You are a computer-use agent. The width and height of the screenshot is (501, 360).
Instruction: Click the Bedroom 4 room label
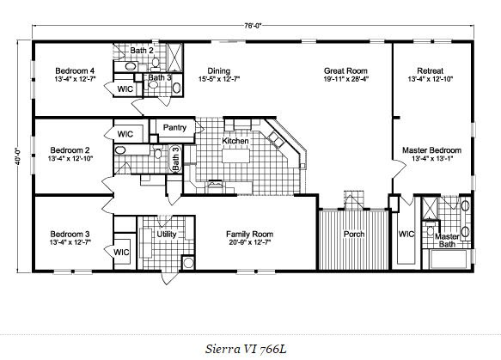click(75, 70)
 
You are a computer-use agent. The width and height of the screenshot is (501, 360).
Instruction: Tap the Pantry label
click(174, 127)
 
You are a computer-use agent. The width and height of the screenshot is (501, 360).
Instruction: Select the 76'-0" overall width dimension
click(253, 26)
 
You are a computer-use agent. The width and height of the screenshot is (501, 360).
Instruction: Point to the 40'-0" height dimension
click(18, 156)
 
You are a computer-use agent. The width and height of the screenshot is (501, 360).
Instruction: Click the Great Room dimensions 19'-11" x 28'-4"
click(345, 79)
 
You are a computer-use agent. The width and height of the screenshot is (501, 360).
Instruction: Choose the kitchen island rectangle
click(236, 156)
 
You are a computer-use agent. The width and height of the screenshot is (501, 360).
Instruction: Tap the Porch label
click(354, 235)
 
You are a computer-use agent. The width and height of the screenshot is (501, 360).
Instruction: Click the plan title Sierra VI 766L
click(246, 349)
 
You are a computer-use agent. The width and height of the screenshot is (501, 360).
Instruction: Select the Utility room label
click(167, 235)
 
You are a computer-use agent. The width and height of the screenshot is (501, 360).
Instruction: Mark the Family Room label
click(249, 235)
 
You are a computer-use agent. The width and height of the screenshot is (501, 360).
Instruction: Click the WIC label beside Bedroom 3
click(121, 253)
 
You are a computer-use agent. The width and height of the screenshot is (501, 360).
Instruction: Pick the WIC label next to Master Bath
click(406, 235)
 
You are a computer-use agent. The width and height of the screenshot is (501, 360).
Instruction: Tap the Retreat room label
click(430, 70)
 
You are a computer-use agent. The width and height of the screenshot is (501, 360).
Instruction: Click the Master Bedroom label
click(431, 150)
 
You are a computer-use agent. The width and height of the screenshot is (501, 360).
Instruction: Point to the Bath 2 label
click(142, 51)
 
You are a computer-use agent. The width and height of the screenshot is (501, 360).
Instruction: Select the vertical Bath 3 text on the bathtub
click(176, 158)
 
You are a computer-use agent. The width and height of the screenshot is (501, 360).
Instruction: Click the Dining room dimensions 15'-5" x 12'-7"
click(219, 79)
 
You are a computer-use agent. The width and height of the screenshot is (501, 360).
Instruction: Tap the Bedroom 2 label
click(70, 150)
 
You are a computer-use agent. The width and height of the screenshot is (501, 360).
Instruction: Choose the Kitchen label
click(235, 141)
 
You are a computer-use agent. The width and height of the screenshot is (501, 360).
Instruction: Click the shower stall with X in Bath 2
click(174, 58)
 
